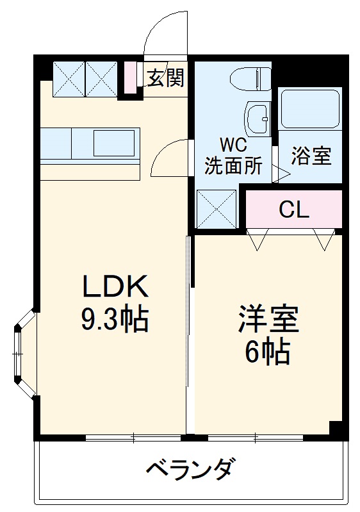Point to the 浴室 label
tap(311, 156)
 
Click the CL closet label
tap(294, 209)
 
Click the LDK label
tap(115, 286)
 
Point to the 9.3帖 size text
tap(115, 318)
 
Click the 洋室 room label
tap(268, 318)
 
